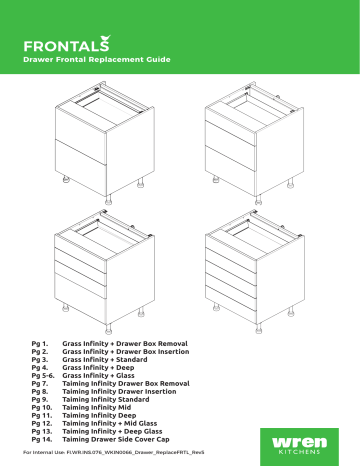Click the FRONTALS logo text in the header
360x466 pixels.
click(x=70, y=44)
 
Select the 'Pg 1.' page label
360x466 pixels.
click(x=41, y=342)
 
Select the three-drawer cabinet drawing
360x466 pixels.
click(x=249, y=139)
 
